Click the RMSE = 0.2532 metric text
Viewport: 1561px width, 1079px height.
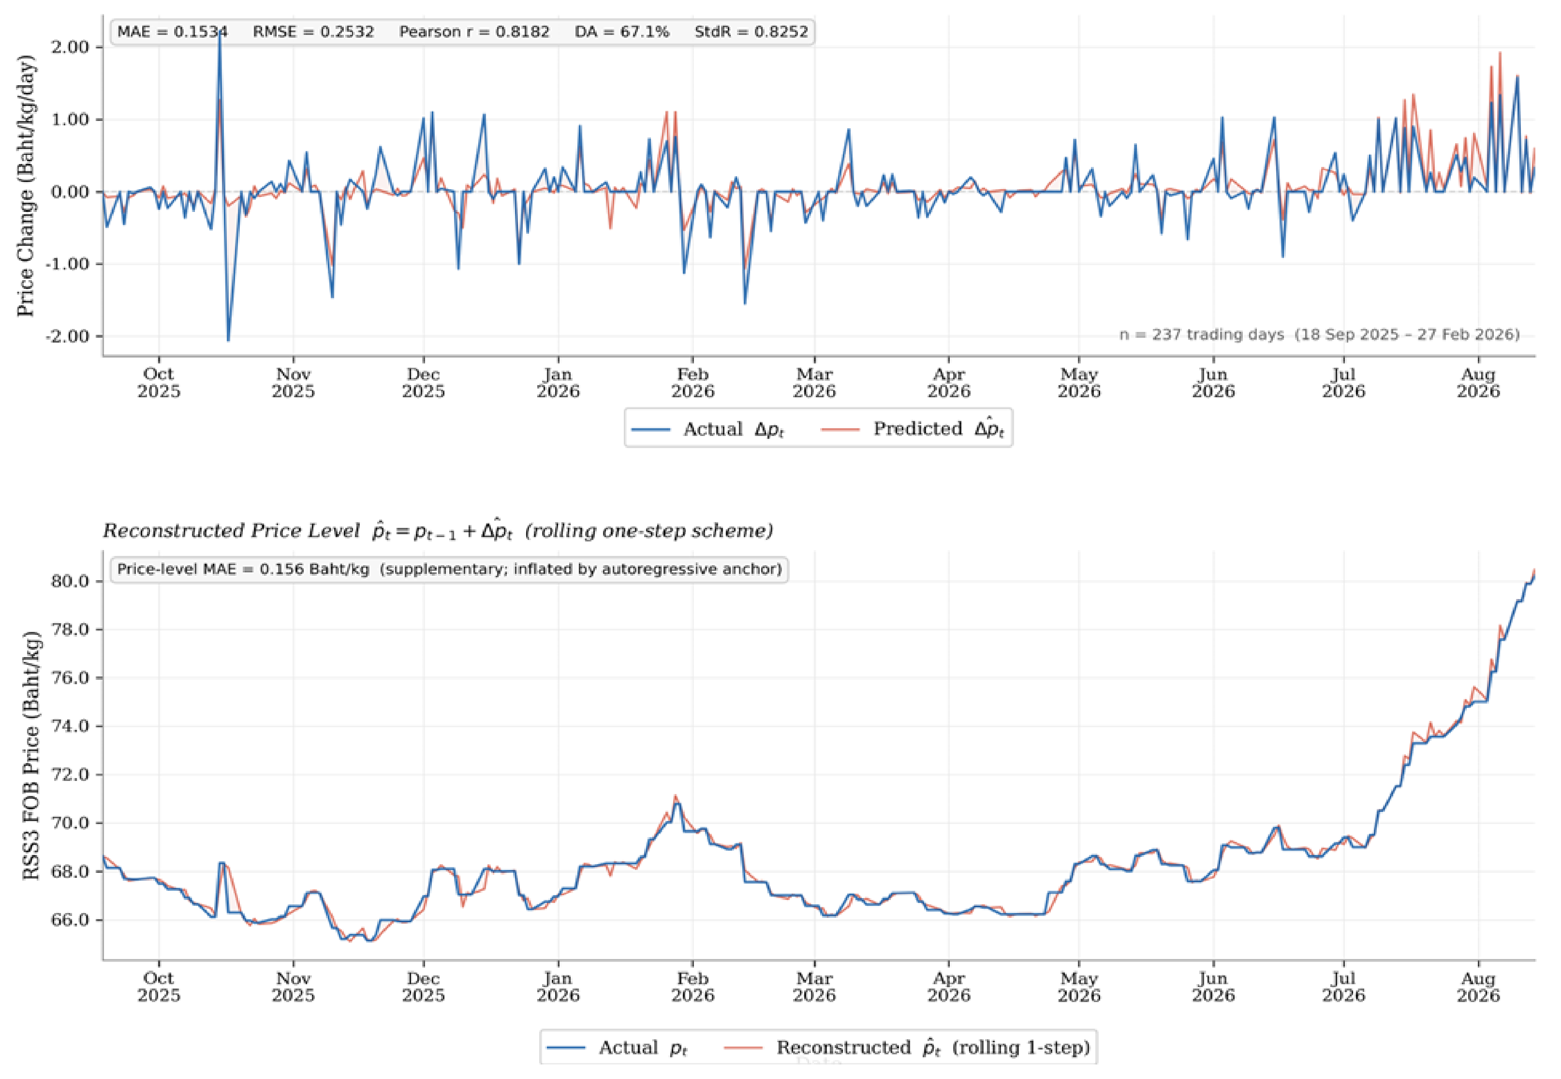[313, 32]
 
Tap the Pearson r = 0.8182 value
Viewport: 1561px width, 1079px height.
[474, 32]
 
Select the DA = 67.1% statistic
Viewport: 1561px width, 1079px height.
[622, 32]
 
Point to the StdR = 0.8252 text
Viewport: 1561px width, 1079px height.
[751, 32]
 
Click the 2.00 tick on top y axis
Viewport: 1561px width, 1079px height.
[70, 47]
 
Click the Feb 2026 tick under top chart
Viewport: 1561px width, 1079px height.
[692, 383]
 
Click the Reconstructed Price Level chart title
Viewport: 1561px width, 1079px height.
[437, 531]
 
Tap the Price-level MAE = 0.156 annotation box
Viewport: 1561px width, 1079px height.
[449, 569]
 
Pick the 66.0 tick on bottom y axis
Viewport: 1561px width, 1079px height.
[70, 920]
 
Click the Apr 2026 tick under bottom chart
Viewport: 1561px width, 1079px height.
[948, 987]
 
